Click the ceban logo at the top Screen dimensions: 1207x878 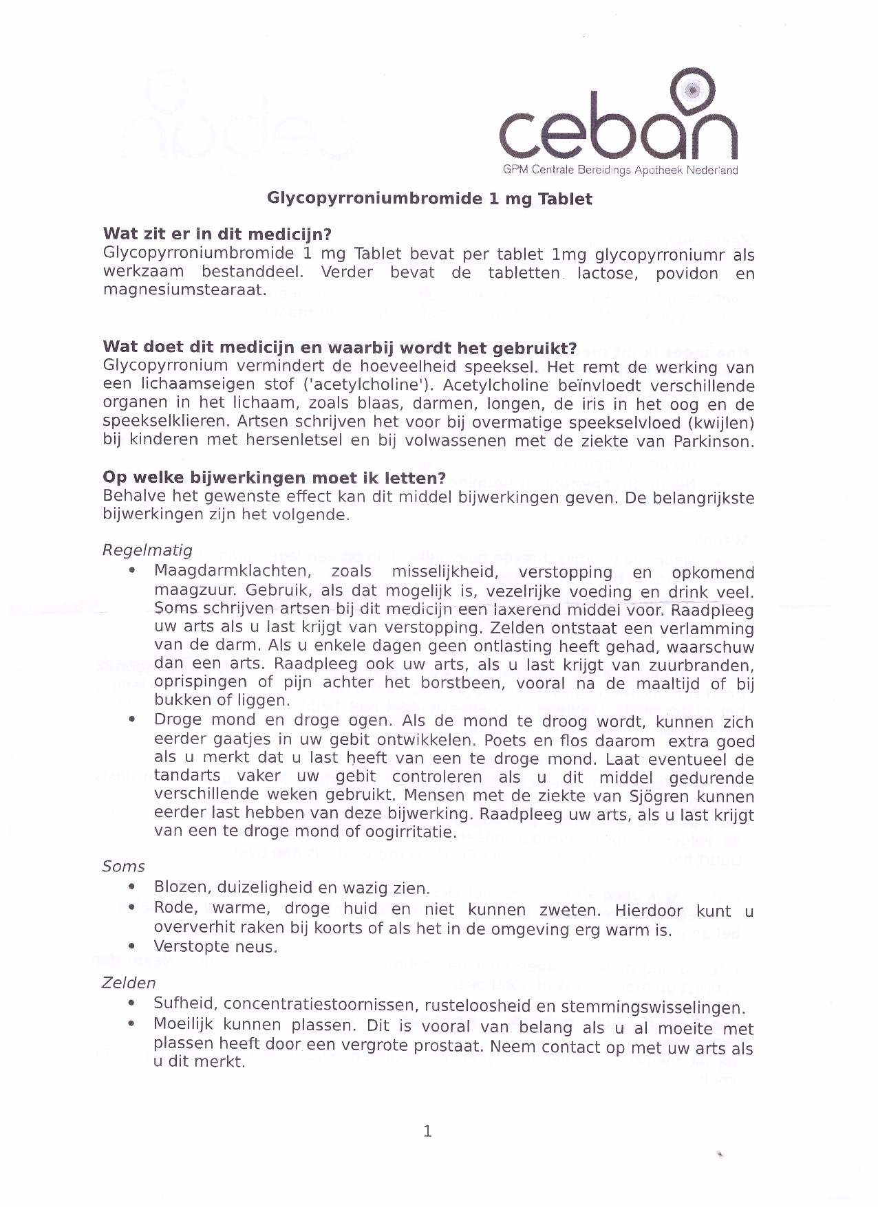click(618, 124)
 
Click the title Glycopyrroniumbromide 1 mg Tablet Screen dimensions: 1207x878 click(429, 199)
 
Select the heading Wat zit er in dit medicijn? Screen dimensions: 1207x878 click(217, 235)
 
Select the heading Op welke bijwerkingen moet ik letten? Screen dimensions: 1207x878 click(274, 478)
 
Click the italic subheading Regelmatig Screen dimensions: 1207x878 click(147, 550)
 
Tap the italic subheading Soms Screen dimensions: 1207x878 click(124, 867)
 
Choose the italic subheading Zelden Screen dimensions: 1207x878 click(129, 983)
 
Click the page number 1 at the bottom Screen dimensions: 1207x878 click(427, 1131)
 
